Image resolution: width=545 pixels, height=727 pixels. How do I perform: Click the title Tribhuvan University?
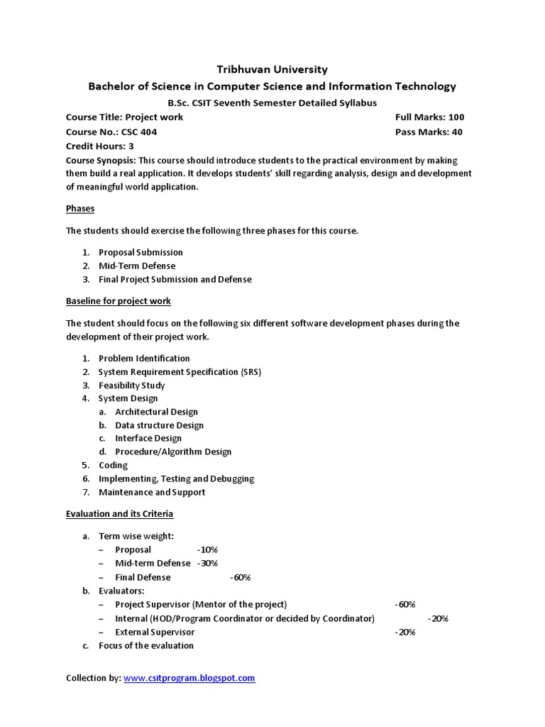coord(272,70)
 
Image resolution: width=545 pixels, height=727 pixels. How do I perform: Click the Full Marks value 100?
coord(456,117)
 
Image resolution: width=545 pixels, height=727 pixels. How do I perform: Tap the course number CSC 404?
coord(140,132)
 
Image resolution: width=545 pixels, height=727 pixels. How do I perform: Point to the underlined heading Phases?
coord(80,209)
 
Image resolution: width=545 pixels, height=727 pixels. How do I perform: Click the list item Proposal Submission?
coord(141,252)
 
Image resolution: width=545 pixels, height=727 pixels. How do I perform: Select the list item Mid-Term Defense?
coord(137,266)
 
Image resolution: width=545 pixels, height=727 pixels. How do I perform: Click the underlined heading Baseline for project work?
coord(119,301)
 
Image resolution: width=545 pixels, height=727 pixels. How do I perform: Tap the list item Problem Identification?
coord(144,359)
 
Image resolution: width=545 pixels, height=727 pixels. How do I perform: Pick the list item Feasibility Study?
coord(131,386)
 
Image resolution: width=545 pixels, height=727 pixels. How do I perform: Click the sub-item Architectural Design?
coord(156,412)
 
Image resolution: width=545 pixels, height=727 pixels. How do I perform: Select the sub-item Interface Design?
coord(148,438)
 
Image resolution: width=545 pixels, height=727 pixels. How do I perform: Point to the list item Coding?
coord(113,465)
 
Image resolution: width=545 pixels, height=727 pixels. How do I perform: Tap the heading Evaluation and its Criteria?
coord(119,513)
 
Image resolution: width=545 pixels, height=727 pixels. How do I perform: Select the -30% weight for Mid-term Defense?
coord(207,563)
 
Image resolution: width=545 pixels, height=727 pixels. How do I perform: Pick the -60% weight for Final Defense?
coord(241,577)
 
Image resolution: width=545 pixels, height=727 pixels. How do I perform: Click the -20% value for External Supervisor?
coord(405,632)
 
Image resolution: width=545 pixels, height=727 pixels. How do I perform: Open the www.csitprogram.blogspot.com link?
coord(189,678)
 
